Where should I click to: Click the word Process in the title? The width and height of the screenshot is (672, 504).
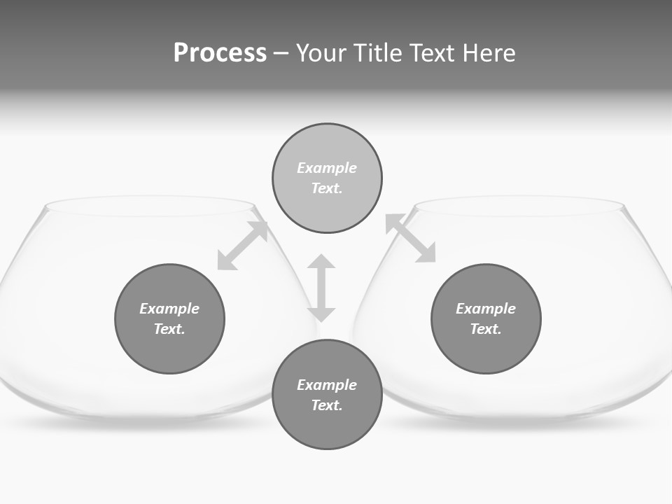tap(220, 53)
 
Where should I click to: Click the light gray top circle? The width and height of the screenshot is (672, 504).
tap(327, 147)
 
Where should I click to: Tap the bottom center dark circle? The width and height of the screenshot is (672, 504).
tap(327, 427)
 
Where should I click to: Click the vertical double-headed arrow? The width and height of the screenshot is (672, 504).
tap(321, 288)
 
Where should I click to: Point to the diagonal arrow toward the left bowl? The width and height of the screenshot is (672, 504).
tap(243, 245)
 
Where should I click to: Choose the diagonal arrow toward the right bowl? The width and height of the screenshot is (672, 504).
tap(411, 238)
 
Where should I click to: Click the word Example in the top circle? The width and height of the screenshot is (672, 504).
tap(327, 168)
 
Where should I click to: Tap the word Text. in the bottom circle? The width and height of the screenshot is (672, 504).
tap(327, 405)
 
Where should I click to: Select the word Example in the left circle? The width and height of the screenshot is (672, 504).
tap(169, 309)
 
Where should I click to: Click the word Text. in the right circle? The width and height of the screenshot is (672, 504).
tap(486, 329)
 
